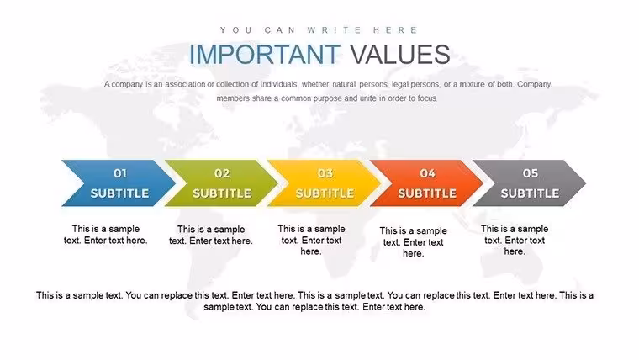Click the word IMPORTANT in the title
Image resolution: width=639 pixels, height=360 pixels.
click(265, 54)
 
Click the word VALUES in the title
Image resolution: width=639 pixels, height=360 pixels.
click(400, 54)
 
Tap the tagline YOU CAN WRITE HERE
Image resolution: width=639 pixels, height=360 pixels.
click(319, 30)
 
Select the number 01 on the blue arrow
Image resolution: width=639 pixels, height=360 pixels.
click(119, 173)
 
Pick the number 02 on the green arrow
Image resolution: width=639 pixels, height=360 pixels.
click(222, 173)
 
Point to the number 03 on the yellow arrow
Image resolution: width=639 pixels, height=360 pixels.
click(325, 173)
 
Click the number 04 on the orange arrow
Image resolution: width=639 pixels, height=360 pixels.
click(427, 173)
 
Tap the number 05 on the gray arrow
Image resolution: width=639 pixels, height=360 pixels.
click(531, 173)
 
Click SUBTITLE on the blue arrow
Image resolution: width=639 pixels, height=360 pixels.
click(119, 193)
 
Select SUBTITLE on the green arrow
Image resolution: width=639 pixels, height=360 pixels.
click(222, 193)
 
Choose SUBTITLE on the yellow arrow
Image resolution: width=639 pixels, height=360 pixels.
click(325, 193)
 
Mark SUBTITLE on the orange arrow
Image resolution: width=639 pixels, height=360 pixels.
click(427, 193)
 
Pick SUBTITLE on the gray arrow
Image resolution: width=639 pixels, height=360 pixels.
click(531, 193)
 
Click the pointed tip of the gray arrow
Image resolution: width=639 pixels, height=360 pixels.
click(586, 183)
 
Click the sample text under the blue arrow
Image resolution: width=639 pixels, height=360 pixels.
click(106, 235)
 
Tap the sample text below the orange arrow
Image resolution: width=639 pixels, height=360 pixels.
click(413, 241)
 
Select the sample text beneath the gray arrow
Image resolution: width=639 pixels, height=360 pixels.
click(515, 240)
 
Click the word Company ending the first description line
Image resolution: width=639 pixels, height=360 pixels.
click(534, 84)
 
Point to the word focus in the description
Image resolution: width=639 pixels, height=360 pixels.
click(426, 98)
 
